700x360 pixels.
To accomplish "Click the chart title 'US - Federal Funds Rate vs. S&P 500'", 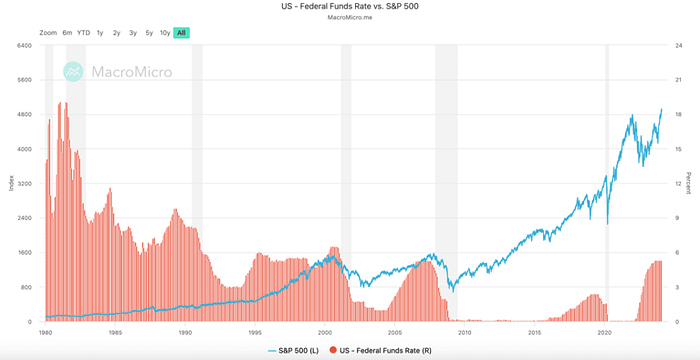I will pyautogui.click(x=349, y=6).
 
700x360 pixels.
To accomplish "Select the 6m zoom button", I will pyautogui.click(x=67, y=33).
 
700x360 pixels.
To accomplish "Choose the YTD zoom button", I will pyautogui.click(x=83, y=33).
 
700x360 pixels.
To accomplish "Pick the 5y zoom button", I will pyautogui.click(x=148, y=33).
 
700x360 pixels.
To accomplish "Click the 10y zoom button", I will pyautogui.click(x=164, y=33).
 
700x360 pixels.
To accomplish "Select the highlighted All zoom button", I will pyautogui.click(x=181, y=33).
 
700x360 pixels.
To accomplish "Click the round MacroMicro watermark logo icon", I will pyautogui.click(x=72, y=71).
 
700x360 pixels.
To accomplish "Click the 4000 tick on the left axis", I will pyautogui.click(x=25, y=149).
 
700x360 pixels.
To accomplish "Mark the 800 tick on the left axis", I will pyautogui.click(x=27, y=287).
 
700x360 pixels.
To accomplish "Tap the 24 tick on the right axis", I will pyautogui.click(x=679, y=46).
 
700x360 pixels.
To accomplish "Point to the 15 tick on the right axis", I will pyautogui.click(x=679, y=149).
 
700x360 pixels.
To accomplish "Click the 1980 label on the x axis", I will pyautogui.click(x=45, y=330).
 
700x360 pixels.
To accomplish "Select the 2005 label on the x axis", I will pyautogui.click(x=395, y=330).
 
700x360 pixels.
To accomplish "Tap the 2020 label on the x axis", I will pyautogui.click(x=604, y=330).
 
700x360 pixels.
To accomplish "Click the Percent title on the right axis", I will pyautogui.click(x=690, y=184).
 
